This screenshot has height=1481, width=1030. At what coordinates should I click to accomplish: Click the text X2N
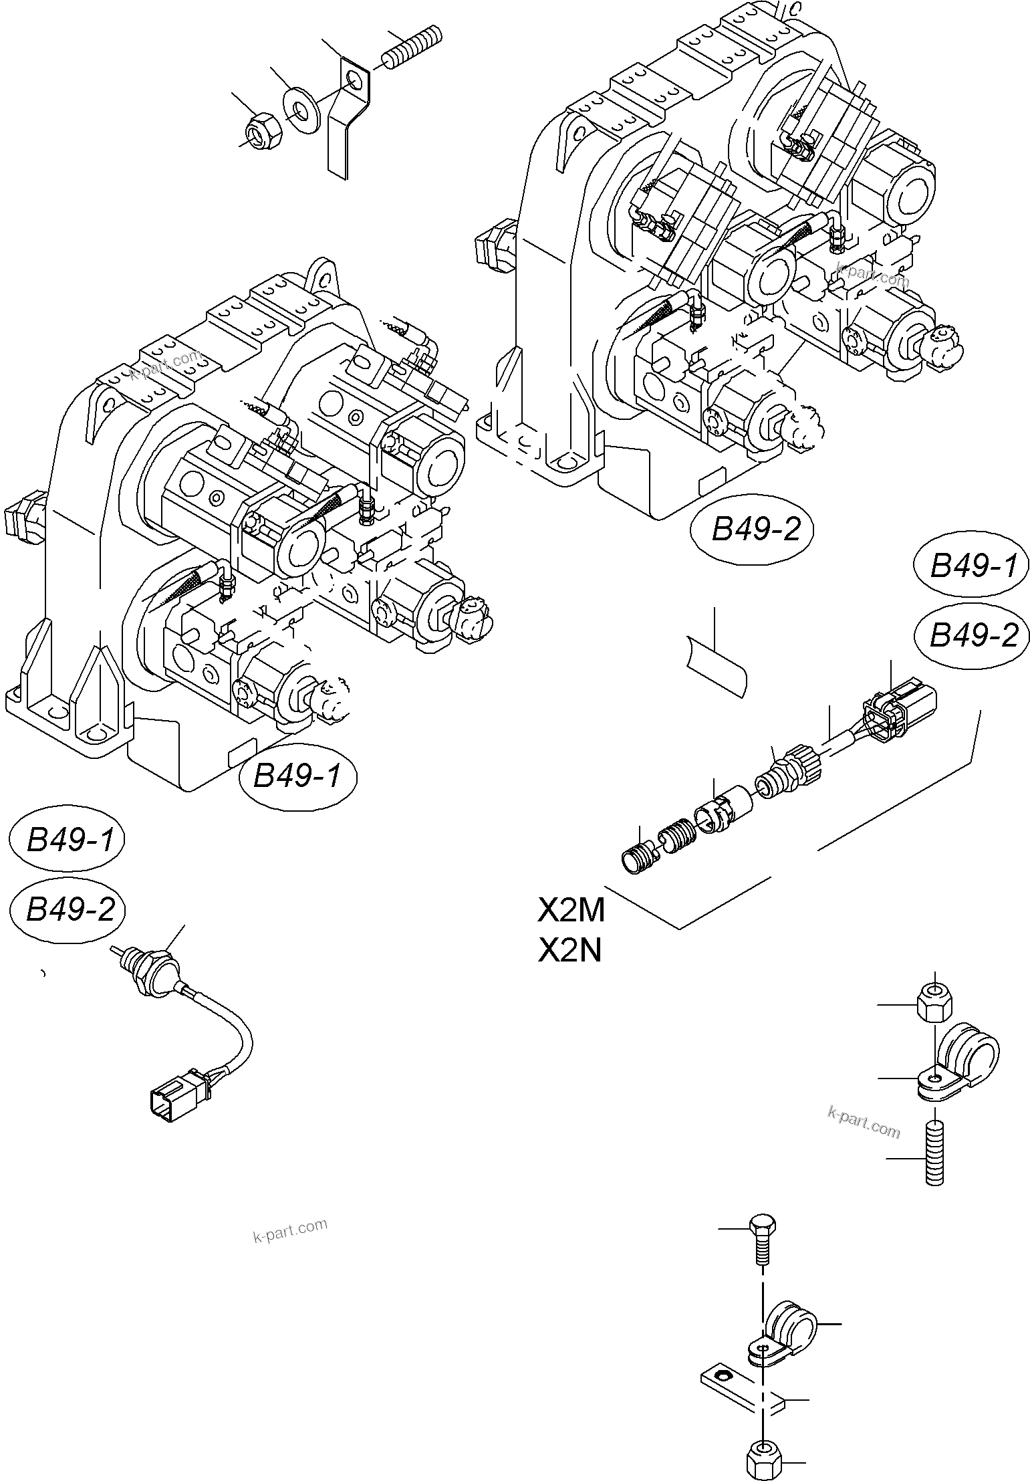coord(569,950)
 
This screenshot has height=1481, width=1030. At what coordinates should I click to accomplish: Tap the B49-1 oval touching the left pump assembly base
coord(297,776)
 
